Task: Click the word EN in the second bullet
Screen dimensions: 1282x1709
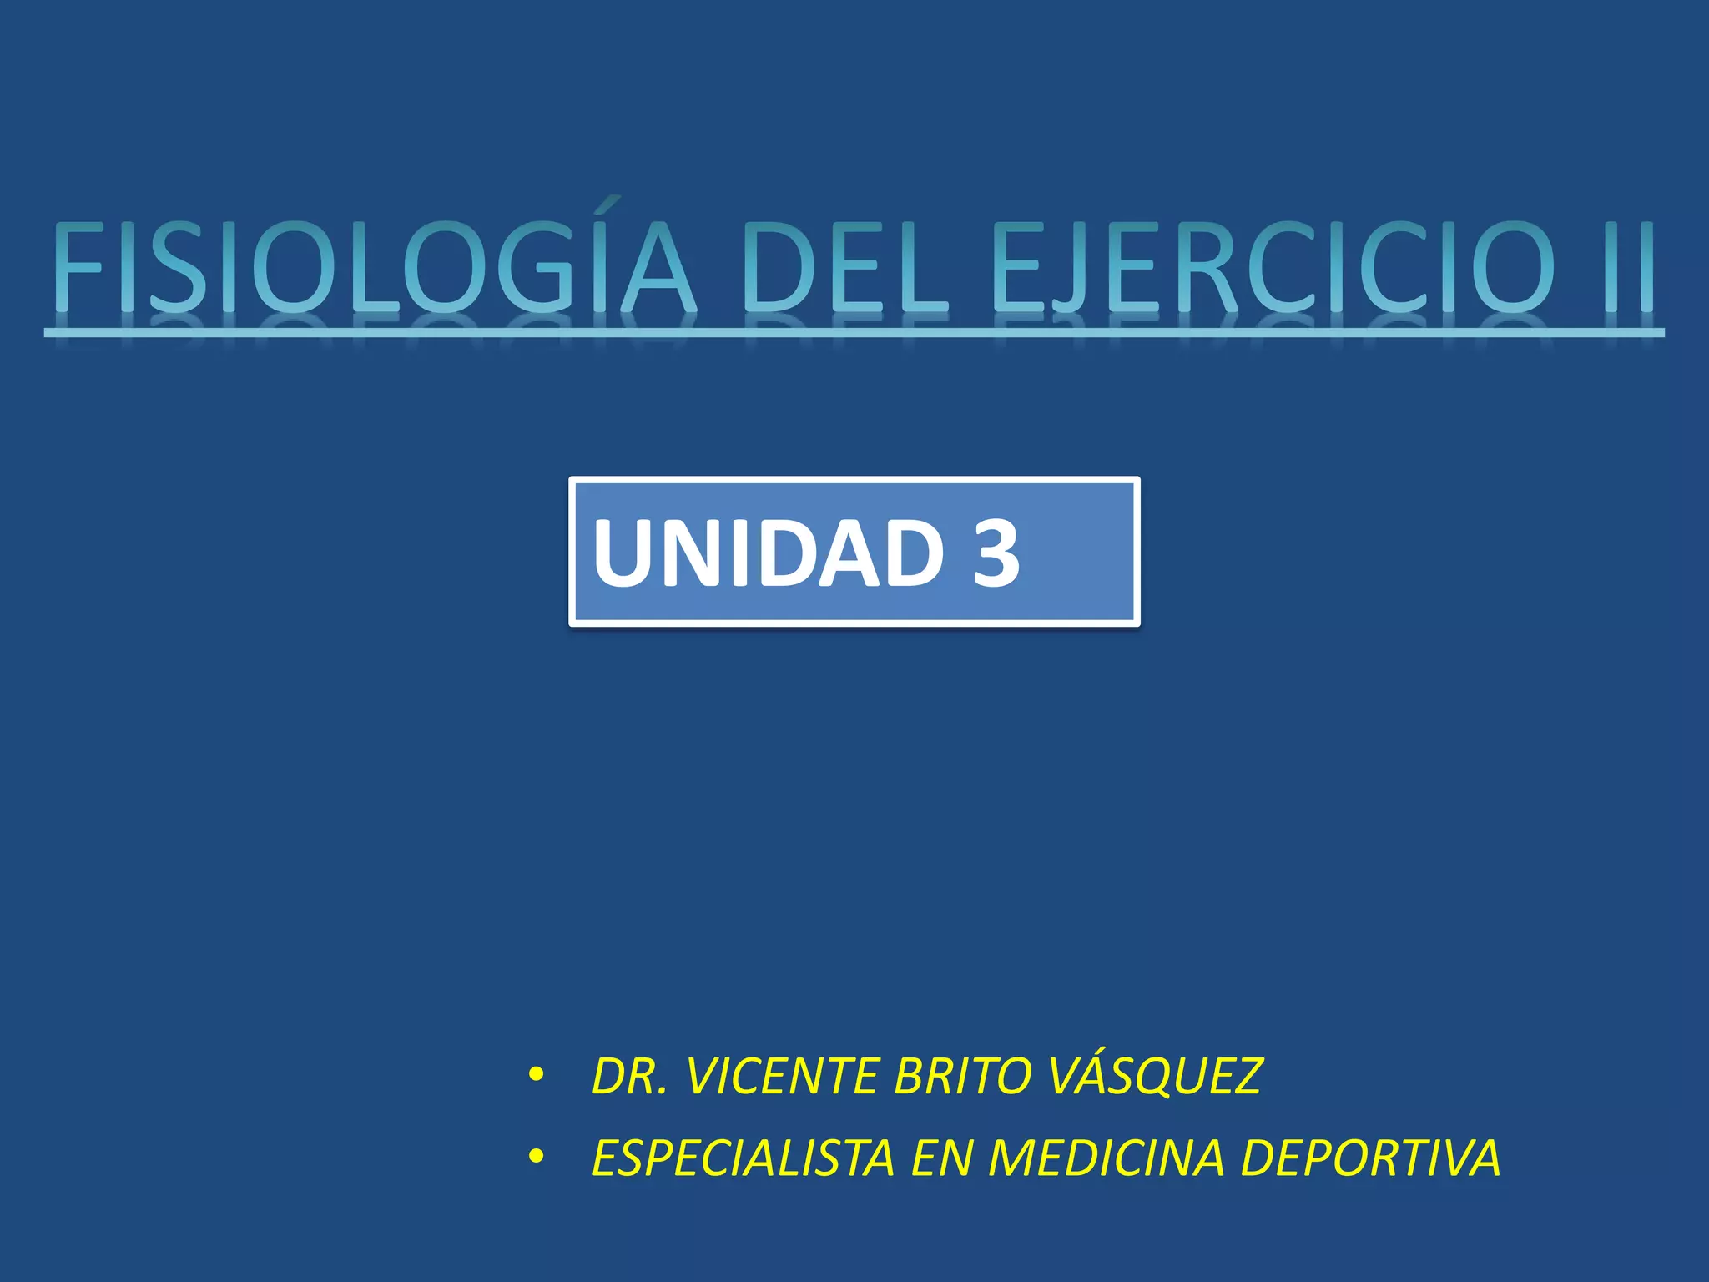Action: [x=942, y=1158]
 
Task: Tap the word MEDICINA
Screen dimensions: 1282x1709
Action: [x=1107, y=1158]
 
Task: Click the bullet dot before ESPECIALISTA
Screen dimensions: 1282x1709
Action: [x=536, y=1158]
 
